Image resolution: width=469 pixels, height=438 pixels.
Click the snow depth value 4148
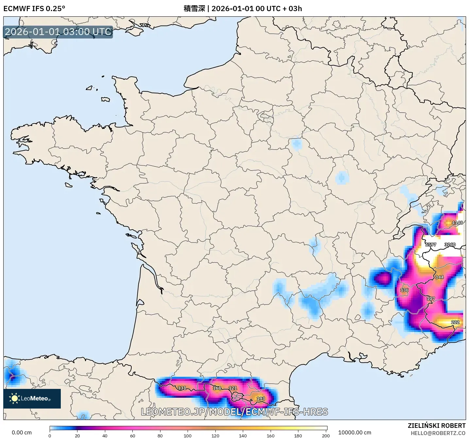457,223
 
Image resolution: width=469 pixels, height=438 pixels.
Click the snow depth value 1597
430,245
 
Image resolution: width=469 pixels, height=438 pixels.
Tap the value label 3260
450,245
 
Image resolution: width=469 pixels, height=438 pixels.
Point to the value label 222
455,322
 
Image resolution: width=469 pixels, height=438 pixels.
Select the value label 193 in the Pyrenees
260,398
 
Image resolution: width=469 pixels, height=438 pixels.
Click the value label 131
182,388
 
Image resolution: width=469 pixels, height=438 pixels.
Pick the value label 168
217,388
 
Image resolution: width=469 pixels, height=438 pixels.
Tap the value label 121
232,388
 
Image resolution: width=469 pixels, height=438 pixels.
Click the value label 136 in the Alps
404,290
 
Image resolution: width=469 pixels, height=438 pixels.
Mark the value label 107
430,299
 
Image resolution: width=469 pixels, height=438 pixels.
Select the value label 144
439,277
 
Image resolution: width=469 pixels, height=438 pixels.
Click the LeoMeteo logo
32,398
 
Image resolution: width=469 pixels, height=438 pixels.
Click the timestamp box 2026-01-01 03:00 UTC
58,32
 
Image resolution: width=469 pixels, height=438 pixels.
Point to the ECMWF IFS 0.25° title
34,9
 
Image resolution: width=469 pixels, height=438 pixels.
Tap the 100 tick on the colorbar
188,435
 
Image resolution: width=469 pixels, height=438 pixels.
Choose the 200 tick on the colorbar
326,435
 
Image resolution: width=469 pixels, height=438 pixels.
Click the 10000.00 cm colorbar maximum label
355,432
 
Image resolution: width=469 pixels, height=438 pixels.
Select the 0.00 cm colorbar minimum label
22,432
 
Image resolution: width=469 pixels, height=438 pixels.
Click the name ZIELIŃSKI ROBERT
436,426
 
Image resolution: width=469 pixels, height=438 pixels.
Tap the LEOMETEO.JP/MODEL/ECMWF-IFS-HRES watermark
234,412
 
